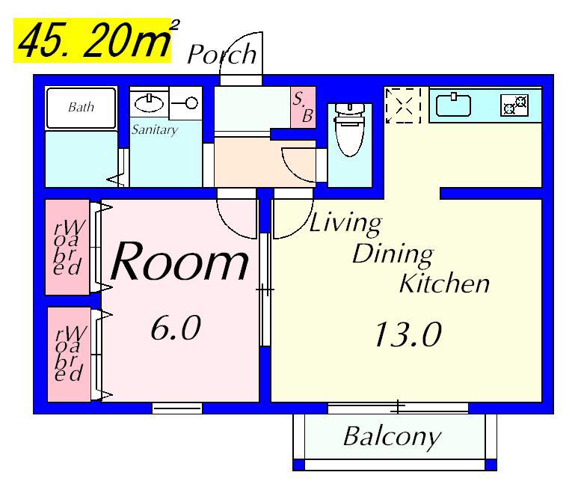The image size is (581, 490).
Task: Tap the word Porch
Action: tap(222, 55)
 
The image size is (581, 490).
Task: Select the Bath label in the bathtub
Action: tap(82, 107)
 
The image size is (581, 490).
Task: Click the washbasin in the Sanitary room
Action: tap(149, 103)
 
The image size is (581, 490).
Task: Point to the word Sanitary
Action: tap(155, 129)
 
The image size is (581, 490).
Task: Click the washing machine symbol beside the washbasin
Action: tap(185, 103)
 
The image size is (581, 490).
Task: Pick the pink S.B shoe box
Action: tap(303, 108)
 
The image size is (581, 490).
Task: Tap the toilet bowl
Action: tap(350, 129)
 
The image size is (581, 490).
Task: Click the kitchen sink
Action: tap(453, 105)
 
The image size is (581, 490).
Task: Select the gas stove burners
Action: tap(514, 105)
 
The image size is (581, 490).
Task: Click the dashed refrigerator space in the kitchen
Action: tap(403, 105)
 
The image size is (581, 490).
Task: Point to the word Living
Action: tap(345, 224)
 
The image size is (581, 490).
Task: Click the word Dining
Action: tap(393, 255)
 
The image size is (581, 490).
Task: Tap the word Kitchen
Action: tap(445, 284)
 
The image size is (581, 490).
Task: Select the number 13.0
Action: tap(408, 334)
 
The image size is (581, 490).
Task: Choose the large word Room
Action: tap(179, 261)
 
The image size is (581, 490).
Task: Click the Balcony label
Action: tap(392, 438)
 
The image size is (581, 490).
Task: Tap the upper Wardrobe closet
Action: tap(67, 247)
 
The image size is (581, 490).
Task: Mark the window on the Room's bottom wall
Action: tap(177, 408)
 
